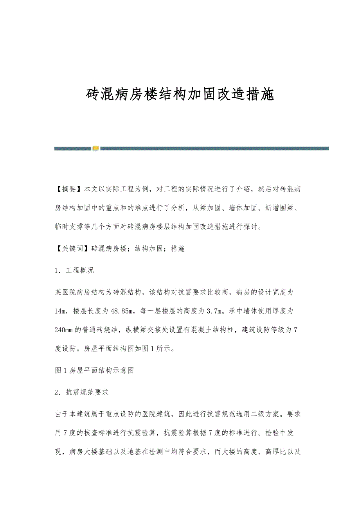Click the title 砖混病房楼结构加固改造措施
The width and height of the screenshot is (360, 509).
click(x=180, y=95)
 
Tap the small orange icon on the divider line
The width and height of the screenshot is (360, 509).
click(x=95, y=148)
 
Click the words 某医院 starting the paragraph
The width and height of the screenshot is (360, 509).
click(x=65, y=292)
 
